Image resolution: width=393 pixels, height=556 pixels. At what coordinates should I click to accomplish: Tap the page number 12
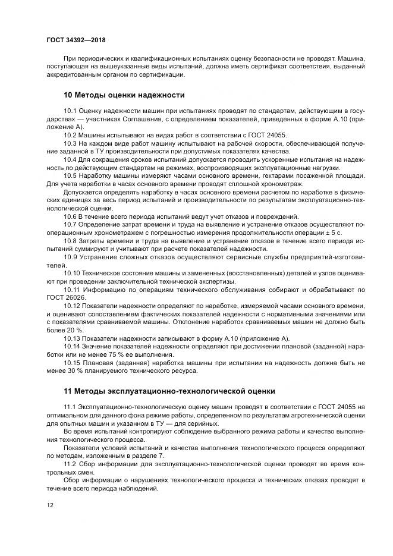coord(49,505)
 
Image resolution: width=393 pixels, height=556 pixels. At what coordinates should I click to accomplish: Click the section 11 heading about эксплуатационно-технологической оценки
coord(168,391)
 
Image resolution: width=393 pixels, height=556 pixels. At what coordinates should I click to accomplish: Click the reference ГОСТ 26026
coord(65,297)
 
